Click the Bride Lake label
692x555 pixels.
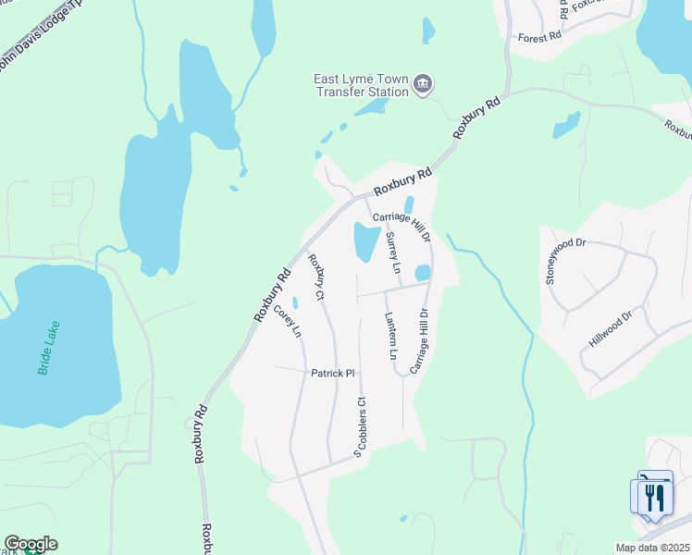(x=49, y=348)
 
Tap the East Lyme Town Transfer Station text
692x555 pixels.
(x=361, y=85)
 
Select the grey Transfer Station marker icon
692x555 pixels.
(x=423, y=85)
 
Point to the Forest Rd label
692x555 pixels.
(x=540, y=37)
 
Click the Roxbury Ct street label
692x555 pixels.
(x=316, y=277)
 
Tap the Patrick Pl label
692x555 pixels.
(x=332, y=373)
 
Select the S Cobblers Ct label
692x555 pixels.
(x=360, y=426)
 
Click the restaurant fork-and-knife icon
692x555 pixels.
(x=654, y=497)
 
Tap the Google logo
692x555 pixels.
(x=31, y=544)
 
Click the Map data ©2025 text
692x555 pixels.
(x=652, y=548)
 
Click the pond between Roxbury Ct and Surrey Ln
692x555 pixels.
(x=365, y=241)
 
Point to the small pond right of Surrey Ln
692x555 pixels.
(x=423, y=273)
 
